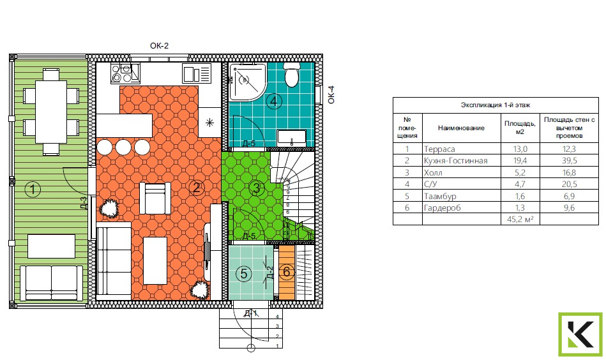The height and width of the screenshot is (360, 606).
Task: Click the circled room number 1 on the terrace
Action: point(33,190)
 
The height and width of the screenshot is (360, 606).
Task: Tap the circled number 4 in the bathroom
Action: point(274,101)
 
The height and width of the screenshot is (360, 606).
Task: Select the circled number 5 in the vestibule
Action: point(244,274)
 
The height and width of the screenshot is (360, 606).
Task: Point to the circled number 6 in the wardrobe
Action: point(286,272)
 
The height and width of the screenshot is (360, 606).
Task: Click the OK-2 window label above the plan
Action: point(159,46)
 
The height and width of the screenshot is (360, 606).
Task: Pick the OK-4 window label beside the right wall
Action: point(331,94)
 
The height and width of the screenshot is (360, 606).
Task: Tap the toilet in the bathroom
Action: point(292,75)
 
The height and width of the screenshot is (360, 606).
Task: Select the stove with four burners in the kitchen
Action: point(125,73)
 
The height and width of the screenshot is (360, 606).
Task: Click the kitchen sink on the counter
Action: point(197,74)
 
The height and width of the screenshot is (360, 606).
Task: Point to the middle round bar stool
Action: point(123,147)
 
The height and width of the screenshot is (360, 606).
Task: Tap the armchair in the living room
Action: point(155,199)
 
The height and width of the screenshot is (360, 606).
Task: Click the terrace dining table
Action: point(51,112)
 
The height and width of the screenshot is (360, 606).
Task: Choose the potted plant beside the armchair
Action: point(109,209)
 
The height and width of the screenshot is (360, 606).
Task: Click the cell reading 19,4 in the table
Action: point(520,161)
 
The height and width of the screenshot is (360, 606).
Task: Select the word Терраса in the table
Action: point(439,149)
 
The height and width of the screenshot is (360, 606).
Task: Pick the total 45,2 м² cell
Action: point(520,220)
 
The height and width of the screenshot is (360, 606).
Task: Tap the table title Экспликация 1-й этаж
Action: point(496,105)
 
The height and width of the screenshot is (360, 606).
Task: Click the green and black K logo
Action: point(580,334)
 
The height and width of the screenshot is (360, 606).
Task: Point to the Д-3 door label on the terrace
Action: point(84,202)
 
